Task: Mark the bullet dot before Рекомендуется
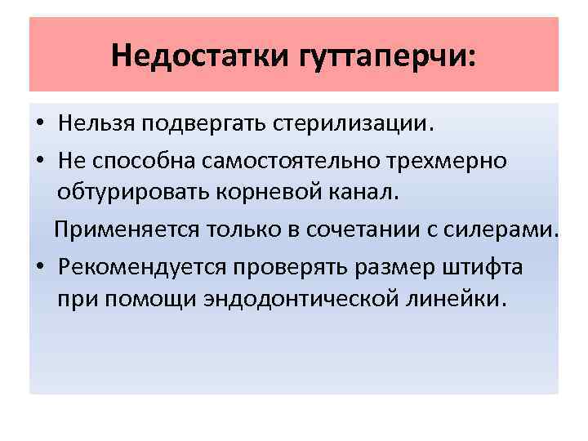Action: pos(40,268)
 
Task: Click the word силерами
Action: pos(509,231)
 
